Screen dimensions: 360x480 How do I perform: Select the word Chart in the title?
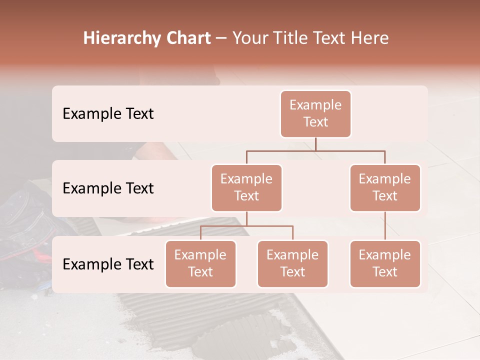click(186, 38)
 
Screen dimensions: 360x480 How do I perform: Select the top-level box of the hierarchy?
click(315, 113)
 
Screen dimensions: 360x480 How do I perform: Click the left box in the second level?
click(246, 187)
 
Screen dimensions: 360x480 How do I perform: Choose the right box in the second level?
click(385, 187)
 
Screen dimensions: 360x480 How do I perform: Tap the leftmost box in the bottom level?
click(200, 263)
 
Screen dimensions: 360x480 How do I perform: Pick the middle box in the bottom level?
click(292, 263)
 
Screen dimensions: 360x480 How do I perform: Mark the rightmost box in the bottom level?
click(385, 263)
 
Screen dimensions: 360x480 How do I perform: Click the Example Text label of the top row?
click(108, 113)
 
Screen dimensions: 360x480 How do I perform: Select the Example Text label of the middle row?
click(108, 188)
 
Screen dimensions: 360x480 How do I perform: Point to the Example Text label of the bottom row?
click(108, 264)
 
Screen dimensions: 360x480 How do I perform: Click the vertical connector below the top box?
click(315, 144)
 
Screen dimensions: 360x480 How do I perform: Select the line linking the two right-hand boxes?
click(385, 225)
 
